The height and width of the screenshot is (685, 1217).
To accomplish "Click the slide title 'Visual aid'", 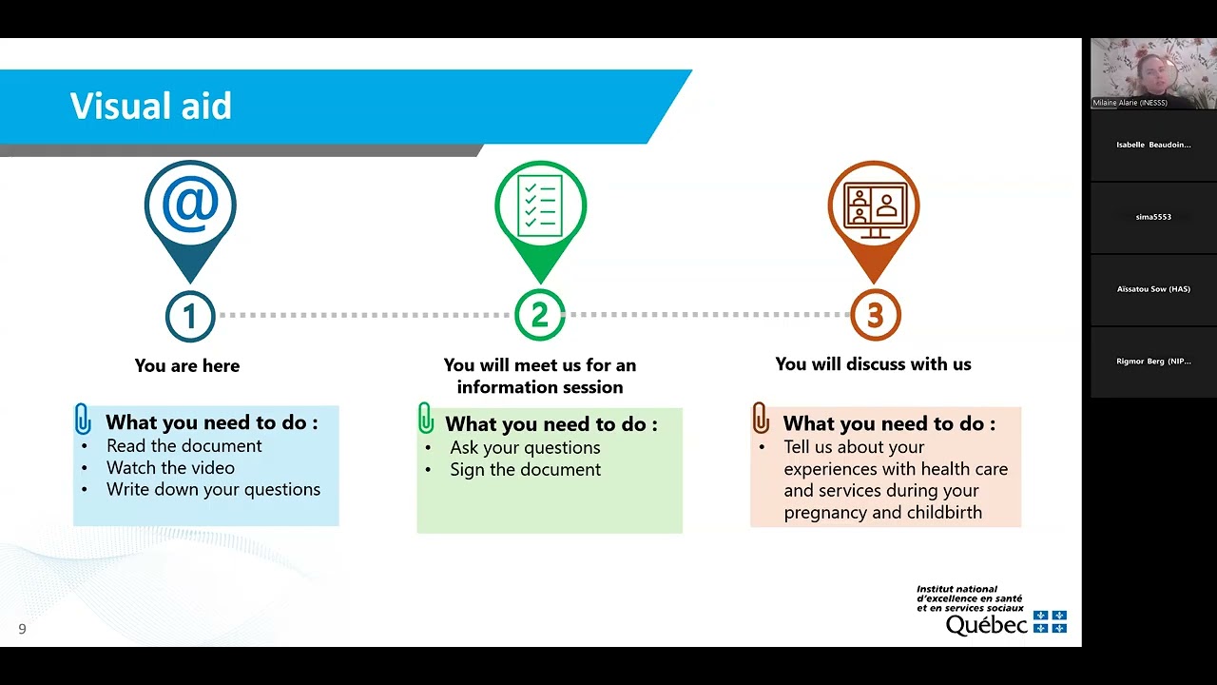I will tap(150, 106).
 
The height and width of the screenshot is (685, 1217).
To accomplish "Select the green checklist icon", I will tap(540, 205).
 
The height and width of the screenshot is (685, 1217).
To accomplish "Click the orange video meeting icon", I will tap(874, 205).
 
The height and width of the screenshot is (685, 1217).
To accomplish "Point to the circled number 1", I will tap(190, 316).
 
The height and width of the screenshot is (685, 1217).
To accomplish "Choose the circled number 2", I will tap(540, 316).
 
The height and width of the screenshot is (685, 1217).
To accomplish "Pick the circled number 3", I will tap(875, 316).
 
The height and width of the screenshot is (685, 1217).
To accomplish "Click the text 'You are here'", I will tap(187, 365).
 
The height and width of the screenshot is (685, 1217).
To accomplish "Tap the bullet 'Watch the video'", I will tap(170, 467).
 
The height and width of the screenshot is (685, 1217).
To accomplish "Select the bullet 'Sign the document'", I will tap(525, 469).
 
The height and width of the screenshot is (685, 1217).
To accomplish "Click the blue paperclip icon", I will tap(83, 420).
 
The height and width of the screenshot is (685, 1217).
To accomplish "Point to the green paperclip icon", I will tap(426, 419).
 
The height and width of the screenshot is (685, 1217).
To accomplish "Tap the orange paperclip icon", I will tap(760, 419).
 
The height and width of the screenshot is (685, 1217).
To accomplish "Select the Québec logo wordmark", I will tap(986, 624).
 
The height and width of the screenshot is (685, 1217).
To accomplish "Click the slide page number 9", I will tap(22, 629).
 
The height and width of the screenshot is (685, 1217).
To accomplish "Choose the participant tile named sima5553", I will tap(1153, 217).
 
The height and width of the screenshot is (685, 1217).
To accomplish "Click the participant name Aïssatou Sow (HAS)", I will tap(1153, 289).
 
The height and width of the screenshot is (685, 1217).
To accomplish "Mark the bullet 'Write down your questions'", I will tap(213, 489).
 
